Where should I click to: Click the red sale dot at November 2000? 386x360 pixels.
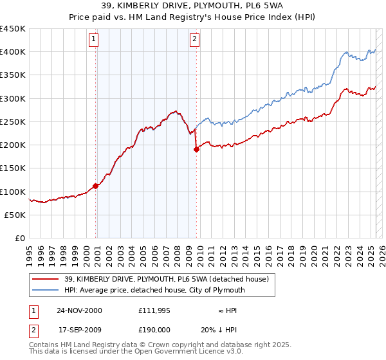coord(96,186)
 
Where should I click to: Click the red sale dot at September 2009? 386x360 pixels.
coord(196,150)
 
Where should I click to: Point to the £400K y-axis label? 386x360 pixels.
coord(13,52)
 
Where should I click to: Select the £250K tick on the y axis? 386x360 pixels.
coord(13,122)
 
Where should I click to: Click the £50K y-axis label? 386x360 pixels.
coord(15,215)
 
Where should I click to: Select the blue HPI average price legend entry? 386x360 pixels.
coord(154,290)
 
